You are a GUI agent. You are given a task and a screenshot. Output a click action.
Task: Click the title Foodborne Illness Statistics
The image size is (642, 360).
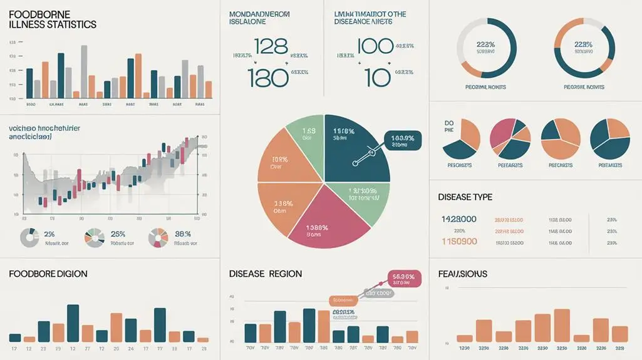pyautogui.click(x=53, y=19)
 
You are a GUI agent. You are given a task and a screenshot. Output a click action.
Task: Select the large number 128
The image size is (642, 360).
pyautogui.click(x=271, y=46)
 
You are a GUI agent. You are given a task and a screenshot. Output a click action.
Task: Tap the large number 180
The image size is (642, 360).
pyautogui.click(x=269, y=76)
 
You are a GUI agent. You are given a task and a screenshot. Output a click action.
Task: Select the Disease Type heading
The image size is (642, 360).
pyautogui.click(x=465, y=197)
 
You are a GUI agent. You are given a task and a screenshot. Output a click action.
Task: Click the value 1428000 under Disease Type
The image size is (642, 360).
pyautogui.click(x=459, y=219)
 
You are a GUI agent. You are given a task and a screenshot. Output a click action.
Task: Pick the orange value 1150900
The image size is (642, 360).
pyautogui.click(x=459, y=241)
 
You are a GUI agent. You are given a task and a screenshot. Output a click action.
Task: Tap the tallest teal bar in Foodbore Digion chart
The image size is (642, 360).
pyautogui.click(x=73, y=322)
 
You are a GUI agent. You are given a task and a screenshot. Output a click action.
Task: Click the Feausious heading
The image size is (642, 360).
pyautogui.click(x=462, y=274)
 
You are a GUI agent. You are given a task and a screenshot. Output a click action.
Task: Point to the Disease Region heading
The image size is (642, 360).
pyautogui.click(x=266, y=274)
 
